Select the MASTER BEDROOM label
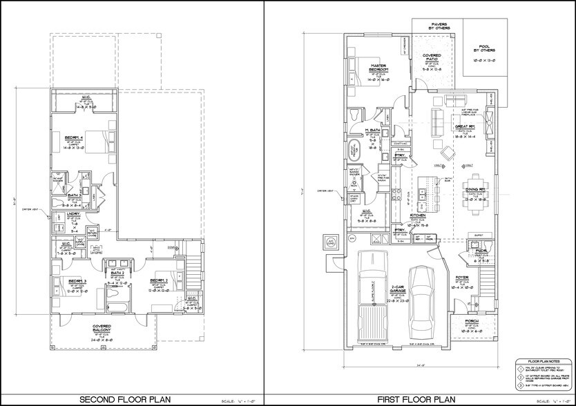378,68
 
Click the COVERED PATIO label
432,61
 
